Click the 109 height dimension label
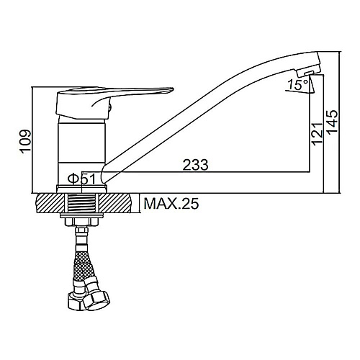tap(26, 142)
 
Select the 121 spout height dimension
tap(318, 134)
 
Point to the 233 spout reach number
tap(195, 165)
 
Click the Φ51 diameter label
tap(82, 179)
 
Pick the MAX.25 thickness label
tap(171, 204)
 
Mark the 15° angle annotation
tap(298, 84)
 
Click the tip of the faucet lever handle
tap(173, 89)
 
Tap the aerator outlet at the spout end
tap(308, 73)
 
